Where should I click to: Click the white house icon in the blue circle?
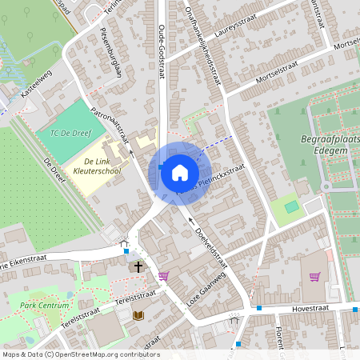pyautogui.click(x=180, y=172)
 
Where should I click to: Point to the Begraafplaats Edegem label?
pyautogui.click(x=327, y=148)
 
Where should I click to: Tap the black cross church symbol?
pyautogui.click(x=138, y=266)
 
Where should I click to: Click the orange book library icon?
pyautogui.click(x=138, y=315)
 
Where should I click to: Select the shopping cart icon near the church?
pyautogui.click(x=163, y=276)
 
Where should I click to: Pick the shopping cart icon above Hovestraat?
pyautogui.click(x=314, y=277)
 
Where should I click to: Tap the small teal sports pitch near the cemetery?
pyautogui.click(x=292, y=207)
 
